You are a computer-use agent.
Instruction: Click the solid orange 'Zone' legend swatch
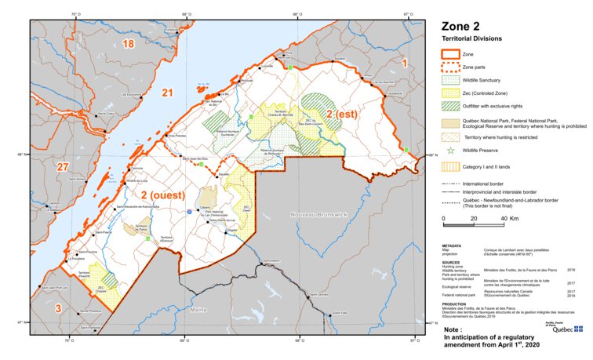click(x=449, y=55)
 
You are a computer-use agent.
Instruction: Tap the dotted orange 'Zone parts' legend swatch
click(x=449, y=69)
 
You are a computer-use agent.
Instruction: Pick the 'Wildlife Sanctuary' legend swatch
click(x=449, y=81)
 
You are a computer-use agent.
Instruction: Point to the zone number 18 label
click(x=128, y=44)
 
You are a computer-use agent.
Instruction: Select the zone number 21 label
click(x=166, y=93)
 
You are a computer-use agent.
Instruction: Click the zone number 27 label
click(x=63, y=167)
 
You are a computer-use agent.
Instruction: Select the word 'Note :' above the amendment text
click(x=452, y=330)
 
